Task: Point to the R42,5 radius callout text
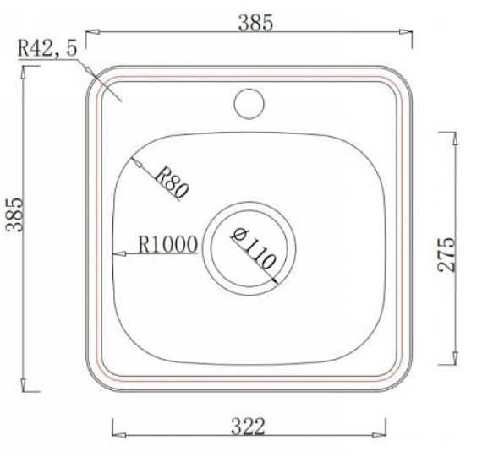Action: pos(47,50)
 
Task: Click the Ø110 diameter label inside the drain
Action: pos(251,248)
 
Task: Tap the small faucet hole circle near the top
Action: pos(249,103)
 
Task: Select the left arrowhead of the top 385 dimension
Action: pos(93,34)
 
